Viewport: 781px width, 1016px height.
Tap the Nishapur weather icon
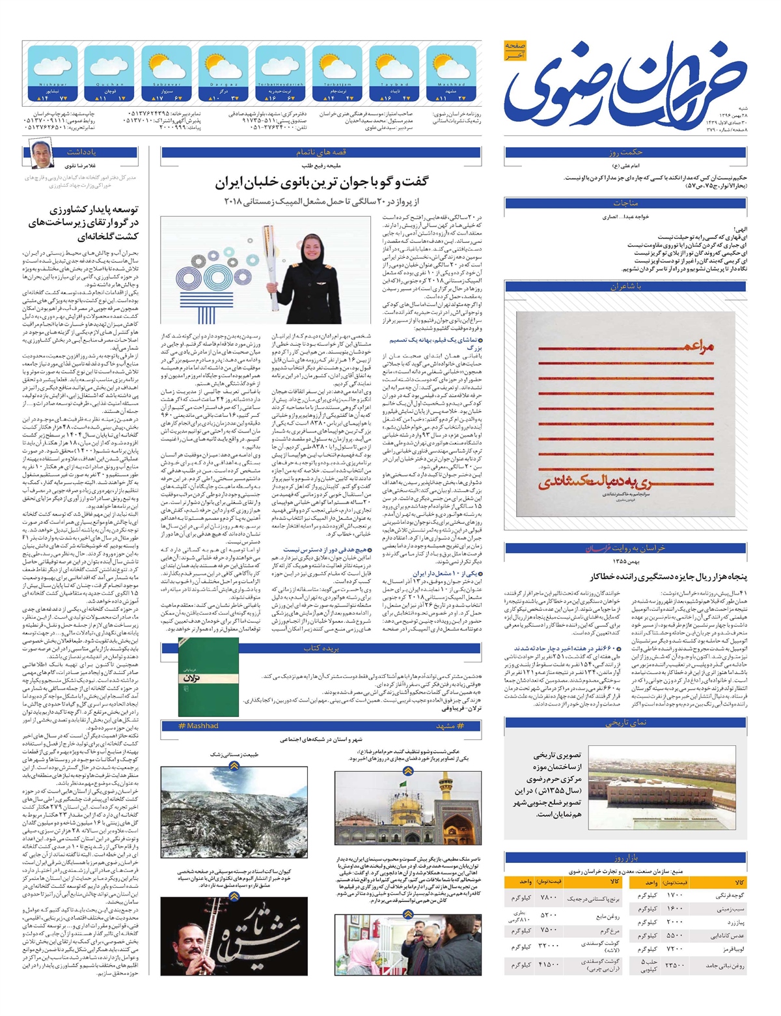pos(53,67)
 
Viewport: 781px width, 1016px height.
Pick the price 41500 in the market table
pos(549,964)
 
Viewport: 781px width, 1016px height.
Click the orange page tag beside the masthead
pos(514,51)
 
